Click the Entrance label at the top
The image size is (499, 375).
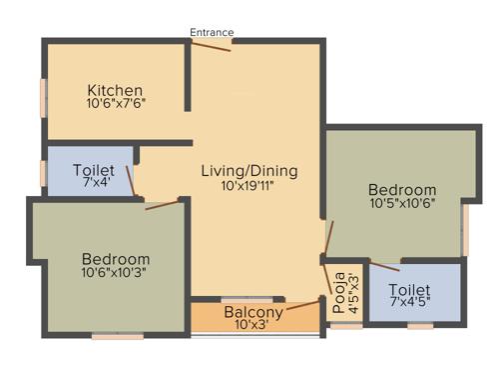point(212,32)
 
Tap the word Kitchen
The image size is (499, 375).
point(114,89)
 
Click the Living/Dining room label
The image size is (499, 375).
point(249,170)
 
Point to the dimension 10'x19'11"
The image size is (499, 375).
point(249,185)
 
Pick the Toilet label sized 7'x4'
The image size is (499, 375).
point(94,171)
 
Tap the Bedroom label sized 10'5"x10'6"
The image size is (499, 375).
point(402,190)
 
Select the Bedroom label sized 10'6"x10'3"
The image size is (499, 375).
point(116,258)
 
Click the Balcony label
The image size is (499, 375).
point(239,311)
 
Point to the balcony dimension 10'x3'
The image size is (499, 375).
point(239,325)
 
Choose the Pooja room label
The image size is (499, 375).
point(339,287)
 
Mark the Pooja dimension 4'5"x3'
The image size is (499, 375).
point(352,288)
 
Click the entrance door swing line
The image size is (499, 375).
point(212,45)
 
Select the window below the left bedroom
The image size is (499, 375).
point(117,337)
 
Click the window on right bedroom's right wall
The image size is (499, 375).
point(464,231)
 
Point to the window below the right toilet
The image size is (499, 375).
point(420,326)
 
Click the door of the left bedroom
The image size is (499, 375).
point(163,205)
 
